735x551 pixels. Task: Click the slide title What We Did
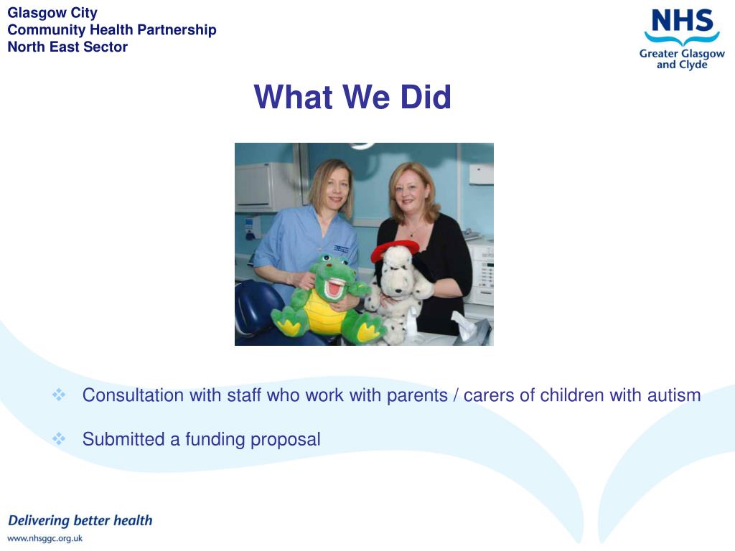click(x=352, y=98)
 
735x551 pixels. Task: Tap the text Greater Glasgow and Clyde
click(x=682, y=59)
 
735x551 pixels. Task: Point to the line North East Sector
click(x=67, y=47)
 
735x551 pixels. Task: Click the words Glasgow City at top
click(x=52, y=12)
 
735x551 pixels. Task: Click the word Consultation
click(x=133, y=395)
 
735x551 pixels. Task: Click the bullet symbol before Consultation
click(x=60, y=395)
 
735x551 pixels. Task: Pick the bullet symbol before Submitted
click(x=60, y=438)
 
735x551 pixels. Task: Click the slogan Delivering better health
click(x=80, y=520)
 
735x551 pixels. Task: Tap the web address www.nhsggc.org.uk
click(x=45, y=538)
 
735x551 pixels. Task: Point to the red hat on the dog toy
click(x=394, y=250)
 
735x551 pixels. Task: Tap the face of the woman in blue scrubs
click(x=332, y=187)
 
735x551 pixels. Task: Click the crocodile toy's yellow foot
click(x=369, y=331)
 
